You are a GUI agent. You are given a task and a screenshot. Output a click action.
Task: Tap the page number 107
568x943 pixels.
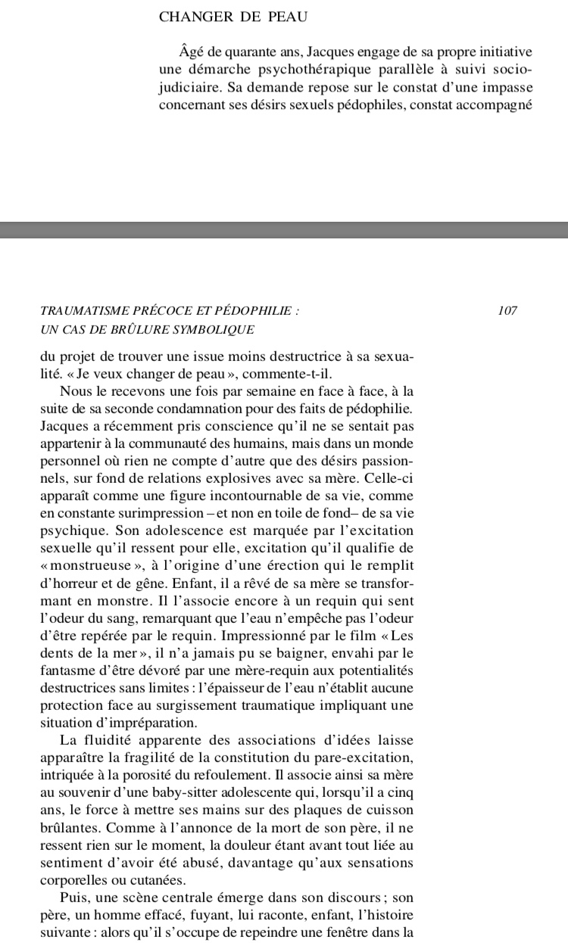coord(508,310)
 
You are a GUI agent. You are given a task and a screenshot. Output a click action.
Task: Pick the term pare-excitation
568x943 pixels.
coord(362,757)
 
